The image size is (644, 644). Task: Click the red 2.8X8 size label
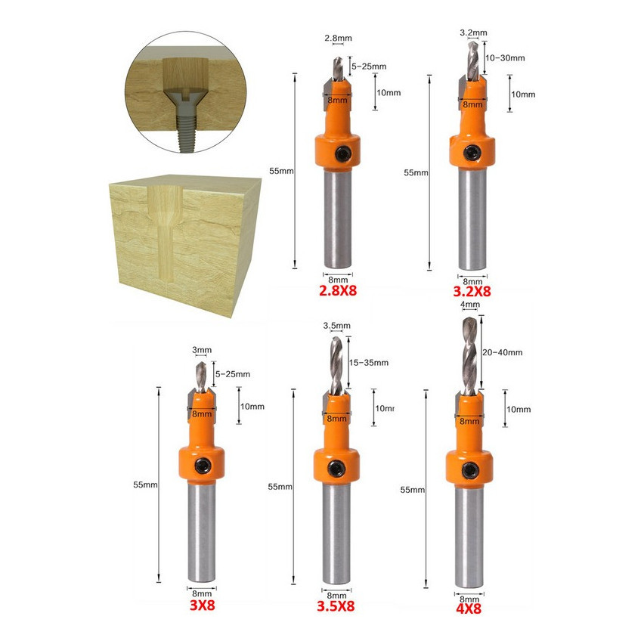[x=338, y=291]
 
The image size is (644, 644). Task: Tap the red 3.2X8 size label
[x=472, y=292]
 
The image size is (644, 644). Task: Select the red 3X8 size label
[x=202, y=605]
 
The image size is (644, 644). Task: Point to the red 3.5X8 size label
[x=336, y=606]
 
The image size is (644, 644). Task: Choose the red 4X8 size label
[x=469, y=608]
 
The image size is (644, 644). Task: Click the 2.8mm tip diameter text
[x=338, y=39]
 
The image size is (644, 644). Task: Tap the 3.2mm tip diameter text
[x=473, y=33]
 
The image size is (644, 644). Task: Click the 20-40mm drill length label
[x=503, y=352]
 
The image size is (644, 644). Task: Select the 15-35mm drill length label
[x=369, y=363]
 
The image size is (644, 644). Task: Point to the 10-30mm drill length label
[x=505, y=58]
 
